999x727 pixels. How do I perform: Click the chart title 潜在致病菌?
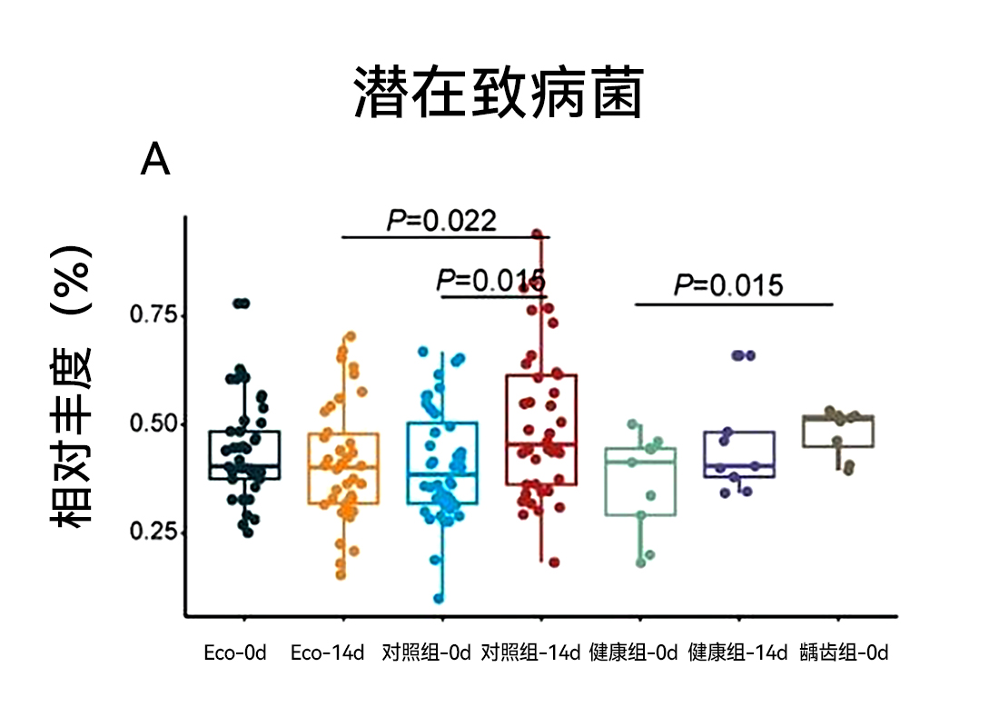(x=498, y=93)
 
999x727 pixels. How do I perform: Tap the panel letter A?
(x=155, y=161)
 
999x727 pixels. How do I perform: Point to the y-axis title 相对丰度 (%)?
(x=72, y=386)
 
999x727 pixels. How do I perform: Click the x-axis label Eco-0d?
(x=235, y=653)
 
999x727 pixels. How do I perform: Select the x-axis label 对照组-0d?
(x=427, y=653)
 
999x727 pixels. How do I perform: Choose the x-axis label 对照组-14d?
(x=530, y=653)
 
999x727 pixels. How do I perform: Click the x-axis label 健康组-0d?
(x=634, y=653)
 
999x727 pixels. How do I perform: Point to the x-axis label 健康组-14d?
(x=737, y=653)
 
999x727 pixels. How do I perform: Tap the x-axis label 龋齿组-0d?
(x=844, y=653)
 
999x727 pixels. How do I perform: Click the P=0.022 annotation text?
(x=442, y=221)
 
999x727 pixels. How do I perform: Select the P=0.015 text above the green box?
(x=727, y=285)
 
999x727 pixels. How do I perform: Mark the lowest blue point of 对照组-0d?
(x=439, y=598)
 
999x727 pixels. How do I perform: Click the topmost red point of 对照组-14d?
(x=537, y=234)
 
